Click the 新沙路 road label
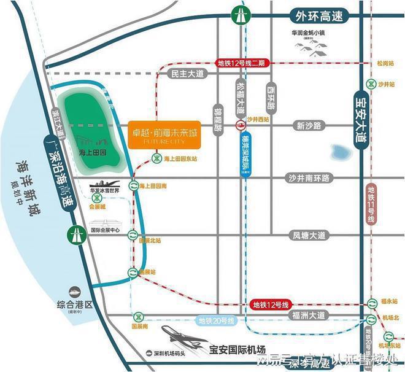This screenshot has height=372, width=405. [309, 126]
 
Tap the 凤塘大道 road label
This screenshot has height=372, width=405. [309, 235]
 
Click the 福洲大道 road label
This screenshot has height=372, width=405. [309, 317]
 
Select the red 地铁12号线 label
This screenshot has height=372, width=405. [270, 304]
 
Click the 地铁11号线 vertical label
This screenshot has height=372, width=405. [371, 206]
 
